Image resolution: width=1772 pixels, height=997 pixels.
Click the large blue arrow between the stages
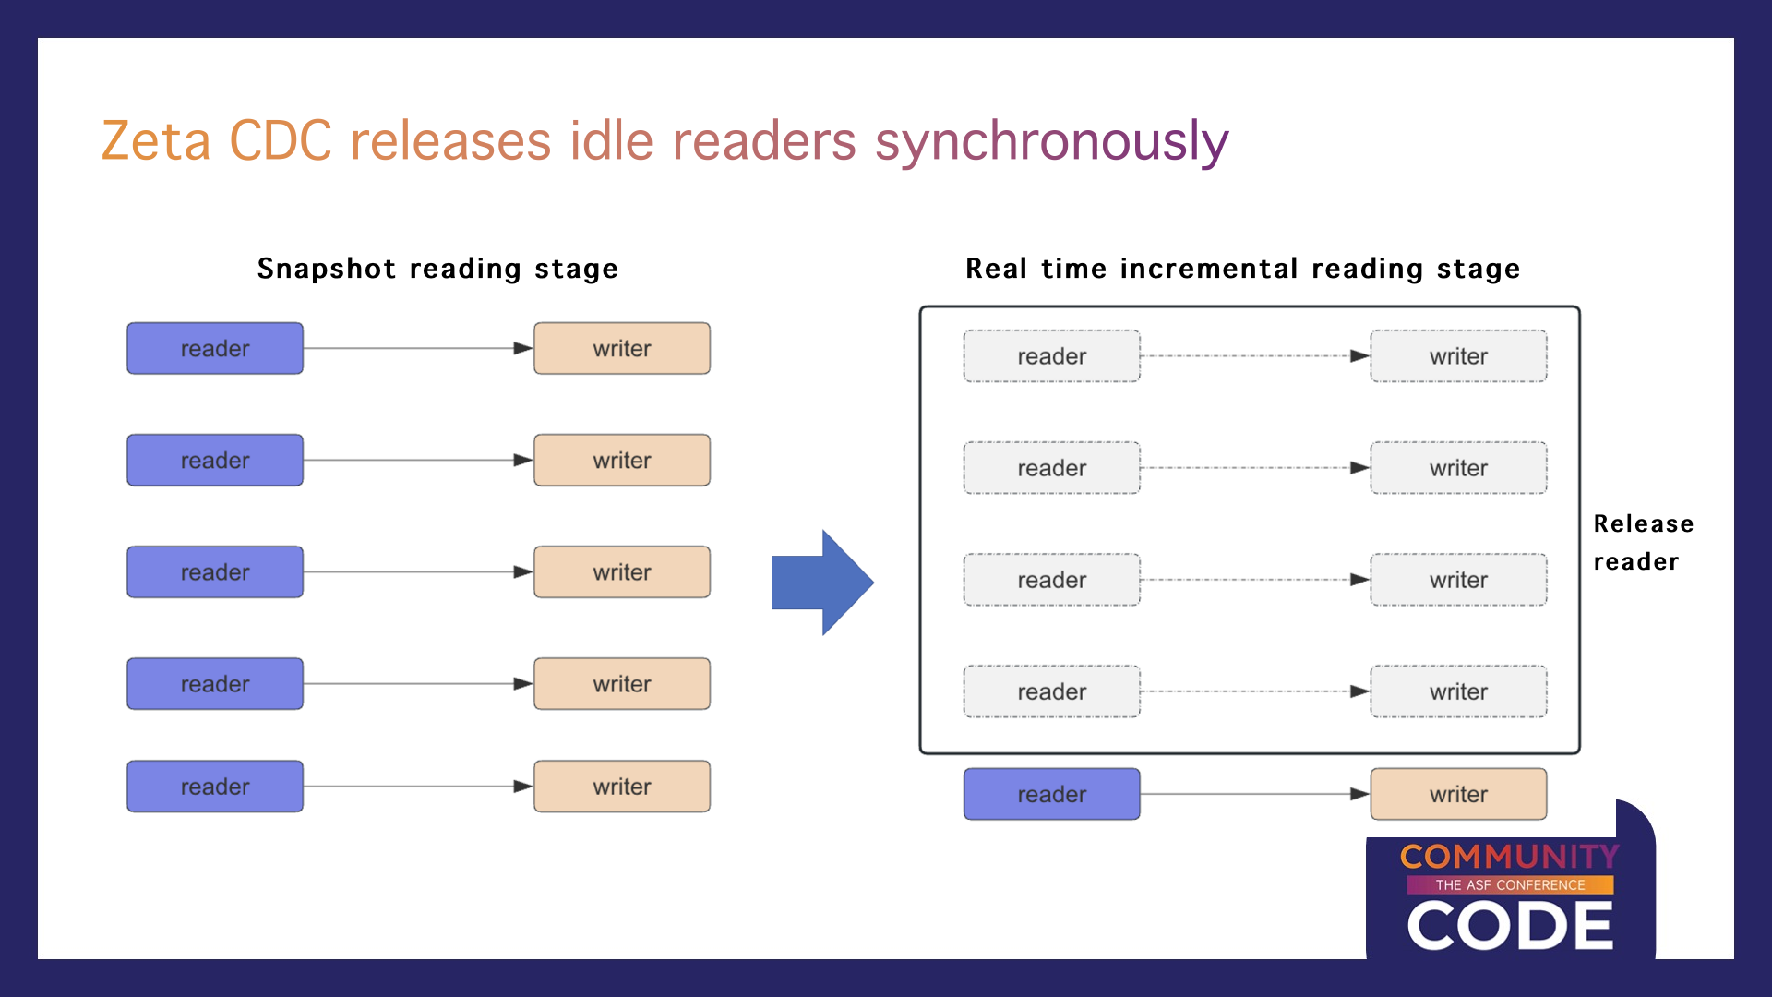pos(822,583)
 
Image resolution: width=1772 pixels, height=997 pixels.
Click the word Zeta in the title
pos(156,141)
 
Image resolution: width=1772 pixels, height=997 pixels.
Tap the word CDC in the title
pos(281,141)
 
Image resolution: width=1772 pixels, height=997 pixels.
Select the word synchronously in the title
pos(1052,144)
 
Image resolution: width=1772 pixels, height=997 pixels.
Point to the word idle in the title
pos(612,140)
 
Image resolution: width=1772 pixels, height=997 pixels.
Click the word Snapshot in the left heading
pos(326,269)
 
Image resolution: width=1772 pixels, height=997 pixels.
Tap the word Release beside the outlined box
pos(1644,523)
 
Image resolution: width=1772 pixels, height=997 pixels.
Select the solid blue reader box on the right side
pos(1052,794)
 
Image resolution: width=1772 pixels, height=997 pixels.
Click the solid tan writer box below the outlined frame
pos(1459,794)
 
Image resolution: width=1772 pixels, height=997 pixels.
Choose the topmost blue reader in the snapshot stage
pos(215,348)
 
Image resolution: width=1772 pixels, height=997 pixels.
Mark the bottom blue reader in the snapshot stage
pos(215,787)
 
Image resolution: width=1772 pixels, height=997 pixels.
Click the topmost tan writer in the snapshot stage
pos(622,348)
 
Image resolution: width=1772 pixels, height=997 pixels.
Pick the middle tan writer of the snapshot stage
pos(622,572)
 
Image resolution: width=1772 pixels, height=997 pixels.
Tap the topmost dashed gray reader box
pos(1052,356)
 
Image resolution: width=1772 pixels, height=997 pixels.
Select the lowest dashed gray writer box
pos(1459,691)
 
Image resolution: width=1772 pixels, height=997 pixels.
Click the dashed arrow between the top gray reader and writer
pos(1255,356)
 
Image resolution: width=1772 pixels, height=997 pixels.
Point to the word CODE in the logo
pos(1511,926)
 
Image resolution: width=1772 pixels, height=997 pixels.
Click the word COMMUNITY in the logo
pos(1510,857)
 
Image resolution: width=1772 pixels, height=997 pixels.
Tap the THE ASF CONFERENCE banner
pos(1511,885)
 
